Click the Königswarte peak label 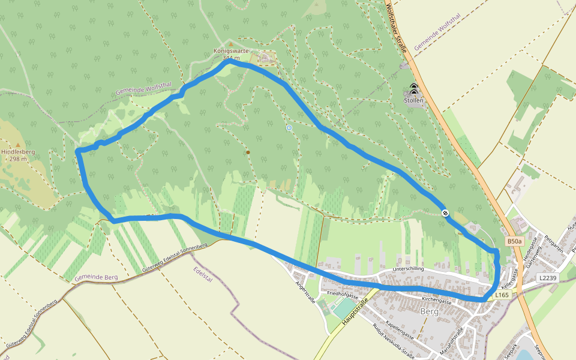coord(231,52)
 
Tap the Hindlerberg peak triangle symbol coord(17,145)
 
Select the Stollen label coord(413,101)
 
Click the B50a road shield coord(514,241)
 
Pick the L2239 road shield coord(547,278)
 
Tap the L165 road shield coord(502,295)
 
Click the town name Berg coord(430,311)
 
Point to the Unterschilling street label coord(408,269)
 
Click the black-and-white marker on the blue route coord(445,212)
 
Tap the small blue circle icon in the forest coord(289,128)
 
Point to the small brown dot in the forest coord(248,152)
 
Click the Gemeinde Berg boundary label coord(96,277)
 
